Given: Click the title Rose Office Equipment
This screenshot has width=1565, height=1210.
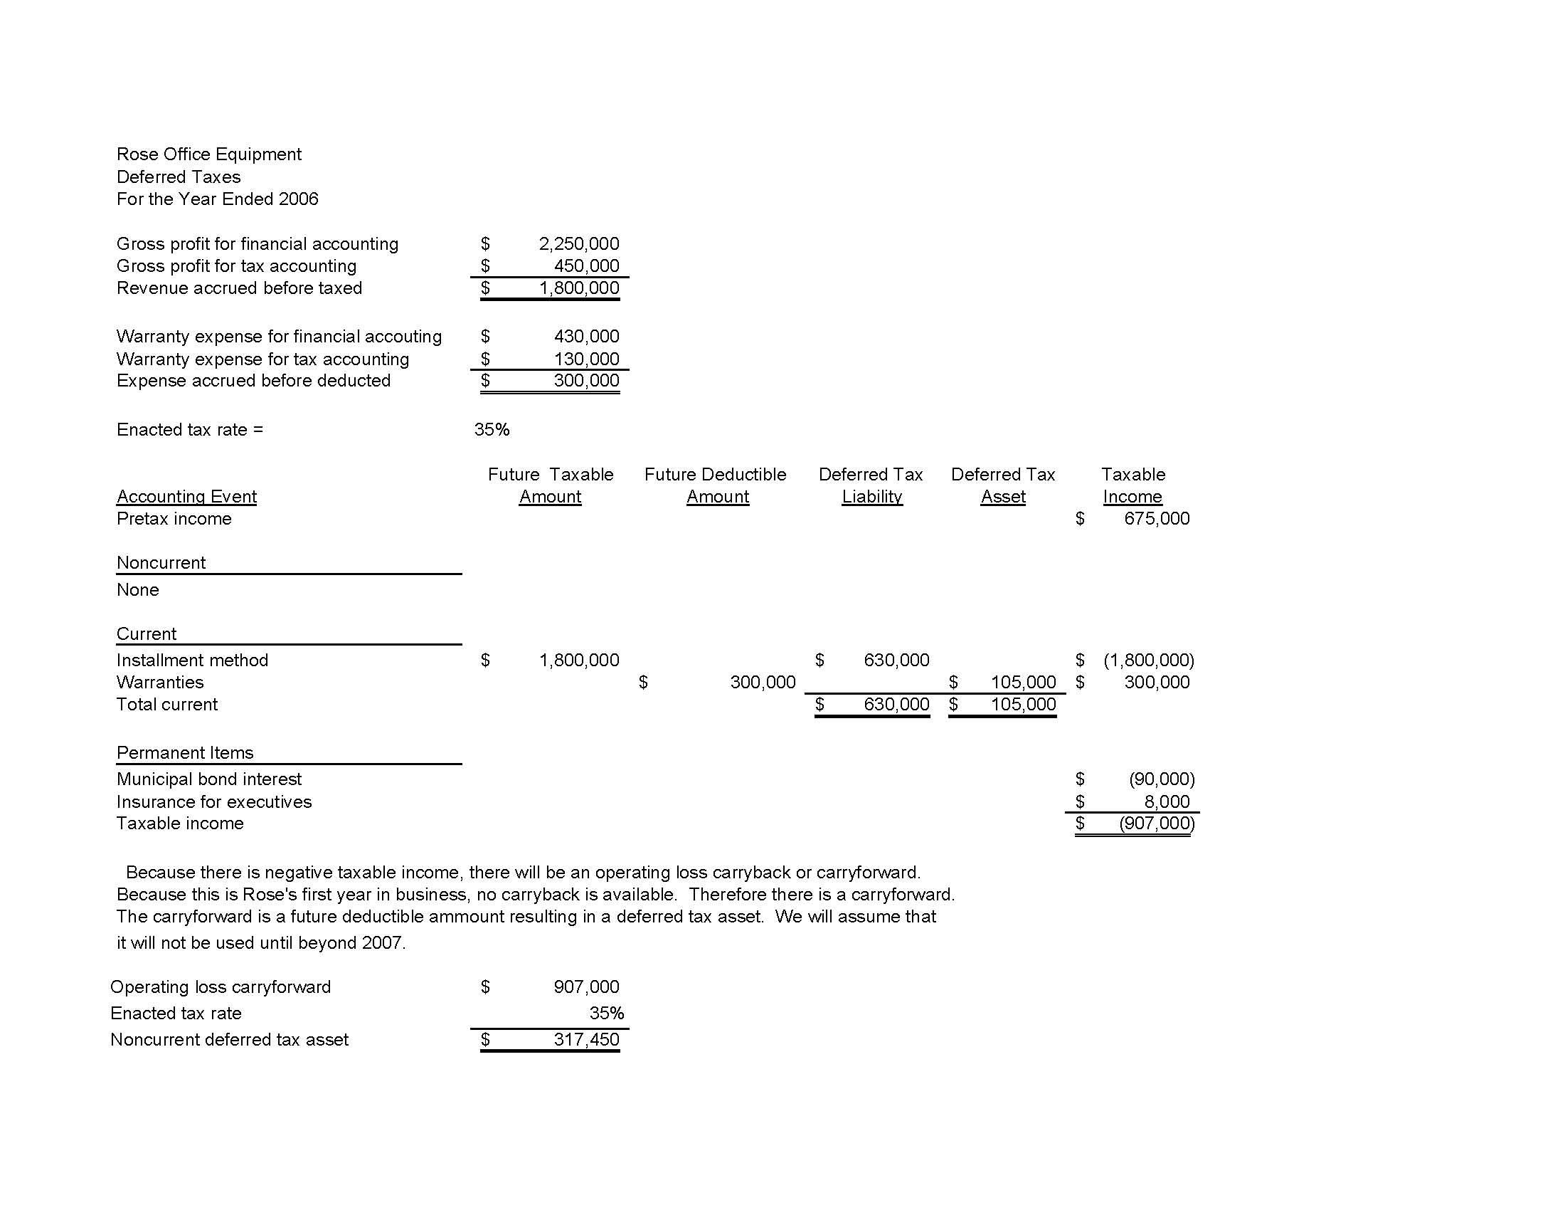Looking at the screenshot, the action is click(208, 154).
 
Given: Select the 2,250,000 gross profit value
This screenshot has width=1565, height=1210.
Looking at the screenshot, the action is click(578, 243).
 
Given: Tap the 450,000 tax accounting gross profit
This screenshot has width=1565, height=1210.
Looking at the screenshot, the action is click(586, 266).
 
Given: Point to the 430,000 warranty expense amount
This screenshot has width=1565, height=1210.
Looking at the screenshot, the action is click(586, 336).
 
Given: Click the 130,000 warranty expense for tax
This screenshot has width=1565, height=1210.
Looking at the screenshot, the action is click(586, 359).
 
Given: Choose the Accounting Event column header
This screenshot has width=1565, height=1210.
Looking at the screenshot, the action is click(186, 496).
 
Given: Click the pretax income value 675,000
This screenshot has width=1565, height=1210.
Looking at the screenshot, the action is click(1156, 518).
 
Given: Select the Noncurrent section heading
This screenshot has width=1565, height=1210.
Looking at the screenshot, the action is click(161, 563).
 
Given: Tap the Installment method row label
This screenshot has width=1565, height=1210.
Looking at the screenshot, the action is click(192, 661).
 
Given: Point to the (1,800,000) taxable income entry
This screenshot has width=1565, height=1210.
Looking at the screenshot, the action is click(1148, 661).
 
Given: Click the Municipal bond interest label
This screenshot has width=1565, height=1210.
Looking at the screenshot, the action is click(208, 779).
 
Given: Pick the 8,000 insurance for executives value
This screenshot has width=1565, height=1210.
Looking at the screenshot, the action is click(1167, 801).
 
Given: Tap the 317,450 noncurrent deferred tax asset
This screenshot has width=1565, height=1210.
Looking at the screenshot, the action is click(585, 1039).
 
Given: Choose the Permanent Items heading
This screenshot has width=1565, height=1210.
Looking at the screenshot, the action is click(185, 752).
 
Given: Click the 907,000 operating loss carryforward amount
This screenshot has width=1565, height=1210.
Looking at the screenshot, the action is click(585, 987).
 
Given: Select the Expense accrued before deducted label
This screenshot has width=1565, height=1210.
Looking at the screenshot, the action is click(253, 381).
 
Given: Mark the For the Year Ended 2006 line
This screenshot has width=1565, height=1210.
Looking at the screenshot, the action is click(217, 199).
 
